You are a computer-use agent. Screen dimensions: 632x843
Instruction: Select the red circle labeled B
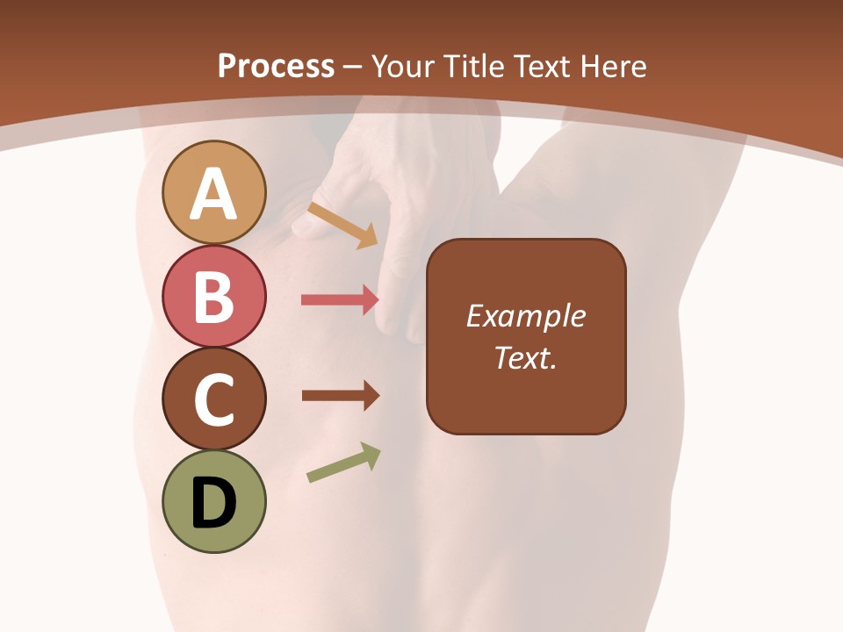(x=213, y=296)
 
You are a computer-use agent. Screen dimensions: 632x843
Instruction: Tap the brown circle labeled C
(x=213, y=399)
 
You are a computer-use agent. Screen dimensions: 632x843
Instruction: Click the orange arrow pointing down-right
(x=342, y=225)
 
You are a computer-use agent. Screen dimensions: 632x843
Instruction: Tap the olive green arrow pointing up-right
(x=343, y=463)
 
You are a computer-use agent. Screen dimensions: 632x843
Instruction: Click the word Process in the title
(x=276, y=66)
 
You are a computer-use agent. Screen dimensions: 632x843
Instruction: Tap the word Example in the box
(x=525, y=316)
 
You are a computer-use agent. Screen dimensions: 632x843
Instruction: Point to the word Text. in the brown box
(x=525, y=358)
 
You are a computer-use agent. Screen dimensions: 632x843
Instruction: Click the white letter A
(x=213, y=195)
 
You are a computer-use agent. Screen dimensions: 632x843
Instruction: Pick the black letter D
(x=213, y=504)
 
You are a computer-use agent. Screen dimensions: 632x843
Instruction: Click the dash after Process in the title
(x=353, y=68)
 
